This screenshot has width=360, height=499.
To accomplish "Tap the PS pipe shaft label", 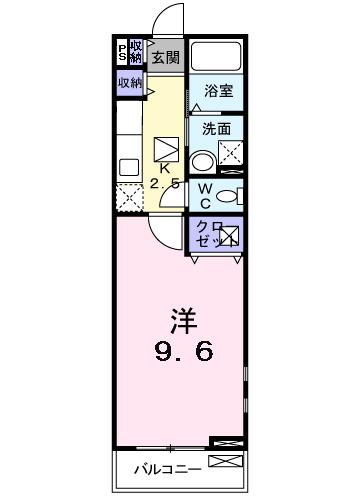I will click(x=122, y=51).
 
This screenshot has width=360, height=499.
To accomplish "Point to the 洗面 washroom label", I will click(x=217, y=128).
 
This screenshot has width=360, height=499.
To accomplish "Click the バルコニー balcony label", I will click(x=168, y=467).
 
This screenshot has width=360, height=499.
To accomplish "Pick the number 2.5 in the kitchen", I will click(x=164, y=184).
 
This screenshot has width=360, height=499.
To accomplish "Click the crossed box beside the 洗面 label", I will click(x=231, y=154).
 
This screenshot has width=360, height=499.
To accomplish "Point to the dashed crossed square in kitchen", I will click(x=128, y=196).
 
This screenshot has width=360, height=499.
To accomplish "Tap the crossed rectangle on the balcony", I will click(x=226, y=462).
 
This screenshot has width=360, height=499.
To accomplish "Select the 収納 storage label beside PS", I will click(x=135, y=51).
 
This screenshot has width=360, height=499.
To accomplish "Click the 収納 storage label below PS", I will click(x=130, y=83).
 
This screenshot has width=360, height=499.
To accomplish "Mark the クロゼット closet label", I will click(x=207, y=235).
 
